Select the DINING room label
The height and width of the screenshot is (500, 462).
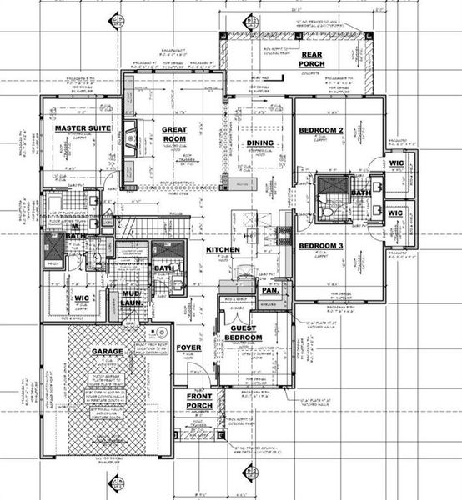[259, 143]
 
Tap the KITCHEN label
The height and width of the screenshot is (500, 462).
[223, 250]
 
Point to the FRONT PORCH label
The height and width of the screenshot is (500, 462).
[199, 402]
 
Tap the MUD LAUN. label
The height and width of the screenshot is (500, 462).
[132, 299]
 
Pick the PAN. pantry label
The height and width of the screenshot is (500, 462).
[270, 291]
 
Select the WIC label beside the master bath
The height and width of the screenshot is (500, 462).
[82, 297]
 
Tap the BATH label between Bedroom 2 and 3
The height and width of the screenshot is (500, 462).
[360, 192]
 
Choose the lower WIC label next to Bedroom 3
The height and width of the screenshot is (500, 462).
[395, 213]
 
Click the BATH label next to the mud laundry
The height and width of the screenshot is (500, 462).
[163, 268]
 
